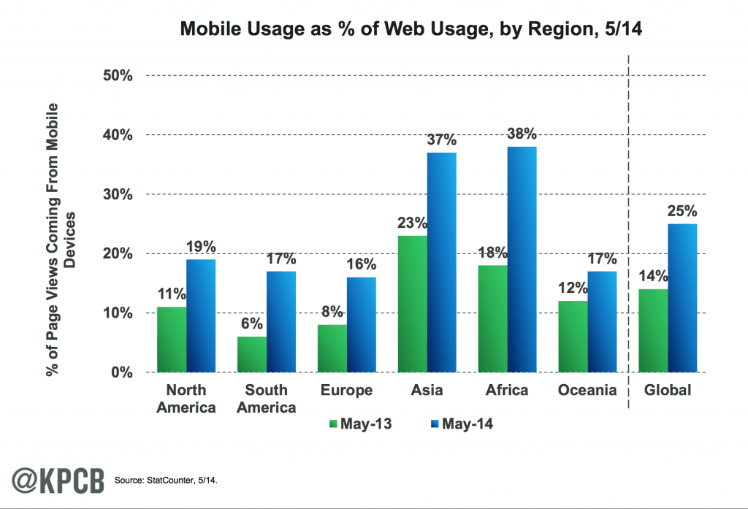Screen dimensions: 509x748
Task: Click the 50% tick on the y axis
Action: (117, 75)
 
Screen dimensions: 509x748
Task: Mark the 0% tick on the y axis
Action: (121, 372)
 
